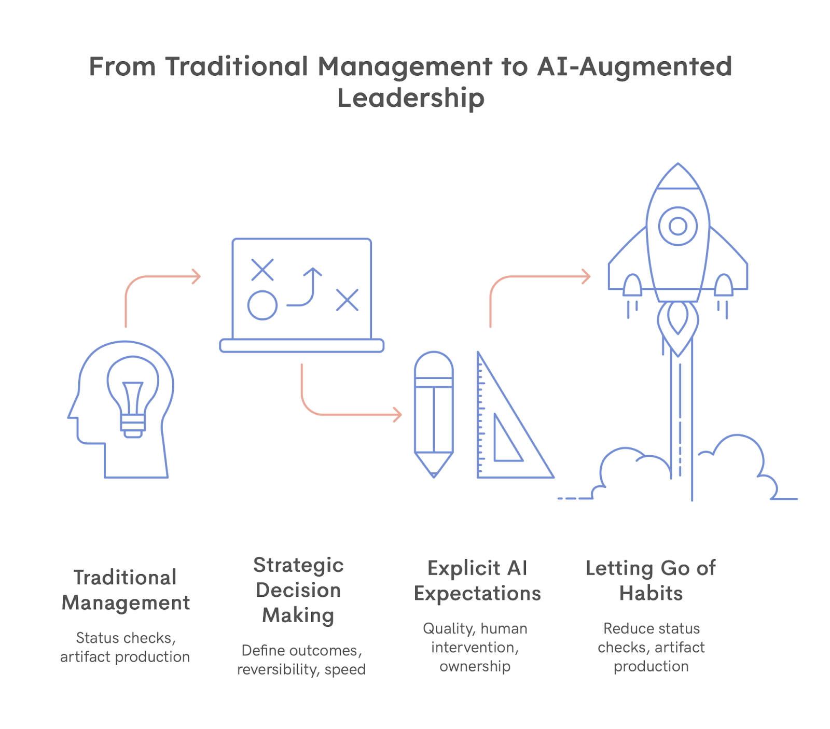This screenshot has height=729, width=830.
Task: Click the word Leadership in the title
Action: (410, 98)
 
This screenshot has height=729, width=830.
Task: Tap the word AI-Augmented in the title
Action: (634, 67)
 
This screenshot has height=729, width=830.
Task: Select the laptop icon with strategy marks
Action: (301, 296)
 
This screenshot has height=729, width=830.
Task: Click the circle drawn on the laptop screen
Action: (262, 305)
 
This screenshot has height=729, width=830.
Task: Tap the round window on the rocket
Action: (677, 226)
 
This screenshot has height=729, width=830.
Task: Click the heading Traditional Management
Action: (126, 590)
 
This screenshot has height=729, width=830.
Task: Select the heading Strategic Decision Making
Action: (298, 590)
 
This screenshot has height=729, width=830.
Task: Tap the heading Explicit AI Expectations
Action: (477, 581)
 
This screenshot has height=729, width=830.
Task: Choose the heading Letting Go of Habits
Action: (651, 581)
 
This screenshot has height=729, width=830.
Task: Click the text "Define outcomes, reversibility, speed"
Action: (301, 660)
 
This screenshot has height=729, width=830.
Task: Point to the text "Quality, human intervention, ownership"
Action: (475, 647)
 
